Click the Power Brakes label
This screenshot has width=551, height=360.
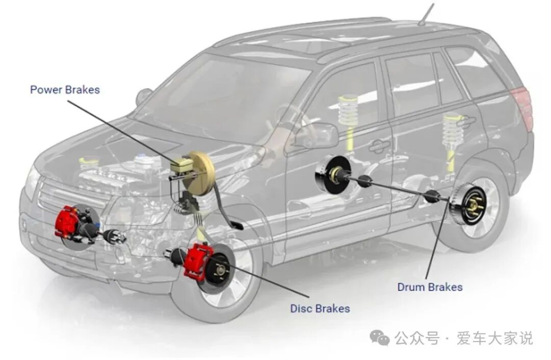coord(65,90)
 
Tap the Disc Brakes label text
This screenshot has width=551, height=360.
coord(320,308)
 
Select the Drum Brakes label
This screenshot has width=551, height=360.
coord(430,287)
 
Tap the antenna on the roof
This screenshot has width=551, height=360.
coord(425,14)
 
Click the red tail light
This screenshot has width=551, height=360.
coord(524,107)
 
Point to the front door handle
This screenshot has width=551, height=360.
coord(380,146)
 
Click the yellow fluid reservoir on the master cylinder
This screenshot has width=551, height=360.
coord(182,165)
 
